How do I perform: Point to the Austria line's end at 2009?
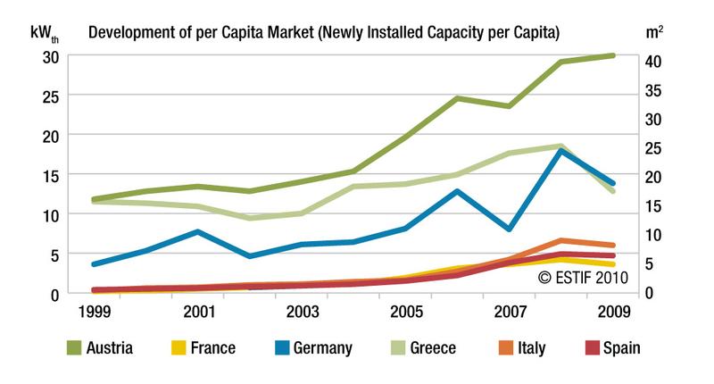(613, 55)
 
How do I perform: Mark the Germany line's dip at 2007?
(509, 229)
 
